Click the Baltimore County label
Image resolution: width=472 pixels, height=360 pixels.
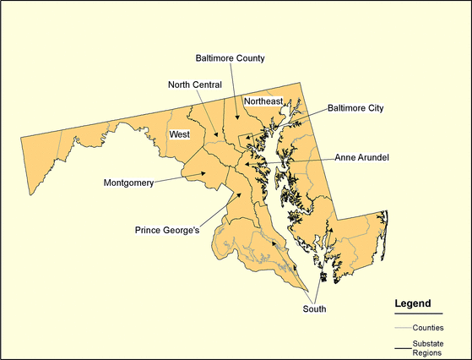231,58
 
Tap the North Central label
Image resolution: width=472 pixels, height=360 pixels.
194,85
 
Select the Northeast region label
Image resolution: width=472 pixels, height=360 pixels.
263,101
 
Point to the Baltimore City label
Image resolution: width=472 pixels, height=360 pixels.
355,108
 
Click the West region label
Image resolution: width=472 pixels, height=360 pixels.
179,134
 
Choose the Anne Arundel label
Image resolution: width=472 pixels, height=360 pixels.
361,157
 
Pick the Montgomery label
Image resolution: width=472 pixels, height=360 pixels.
128,183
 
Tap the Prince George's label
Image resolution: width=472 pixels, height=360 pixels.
167,229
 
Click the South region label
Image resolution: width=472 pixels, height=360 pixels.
314,309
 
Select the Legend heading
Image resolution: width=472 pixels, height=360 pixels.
413,303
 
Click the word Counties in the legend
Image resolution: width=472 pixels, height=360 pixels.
428,327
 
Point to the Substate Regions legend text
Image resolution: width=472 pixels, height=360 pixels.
427,348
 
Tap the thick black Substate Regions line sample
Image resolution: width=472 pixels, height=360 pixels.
402,347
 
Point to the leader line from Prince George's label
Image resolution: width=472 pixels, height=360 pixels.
220,210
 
